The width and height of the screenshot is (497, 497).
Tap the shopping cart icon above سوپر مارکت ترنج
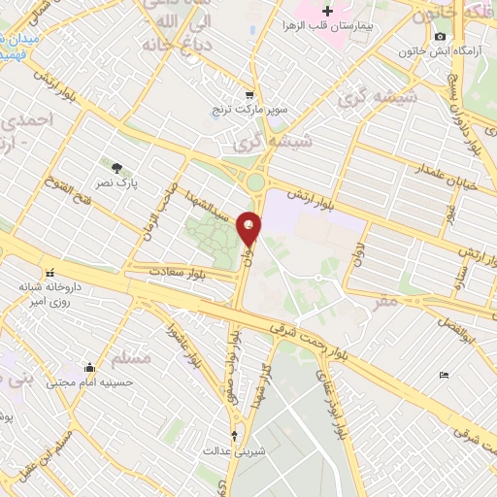pyautogui.click(x=249, y=95)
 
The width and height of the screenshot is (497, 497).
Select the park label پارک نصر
pyautogui.click(x=117, y=182)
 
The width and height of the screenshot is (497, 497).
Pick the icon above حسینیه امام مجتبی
pyautogui.click(x=90, y=367)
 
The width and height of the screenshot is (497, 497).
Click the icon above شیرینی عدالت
pyautogui.click(x=233, y=435)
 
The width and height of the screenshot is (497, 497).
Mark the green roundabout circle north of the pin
pyautogui.click(x=255, y=182)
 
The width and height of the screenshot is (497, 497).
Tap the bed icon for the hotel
pyautogui.click(x=444, y=375)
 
